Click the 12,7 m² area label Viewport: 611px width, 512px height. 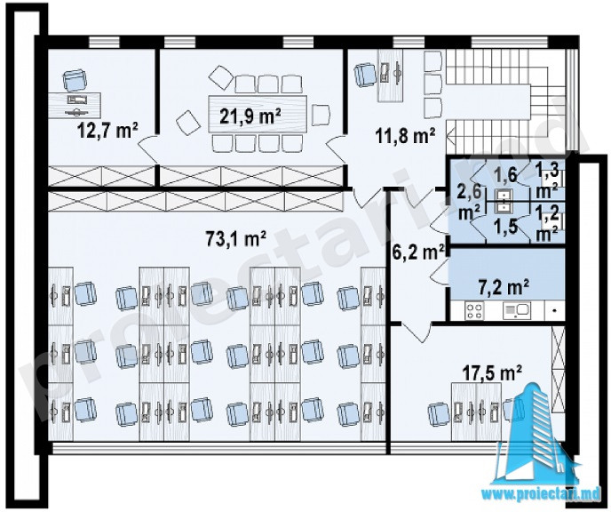(108, 131)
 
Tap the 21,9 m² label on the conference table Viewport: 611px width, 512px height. (250, 115)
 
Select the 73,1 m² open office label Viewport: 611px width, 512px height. (236, 238)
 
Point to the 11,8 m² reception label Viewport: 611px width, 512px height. (405, 137)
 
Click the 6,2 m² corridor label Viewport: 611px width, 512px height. (418, 252)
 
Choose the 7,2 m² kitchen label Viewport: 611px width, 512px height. (503, 288)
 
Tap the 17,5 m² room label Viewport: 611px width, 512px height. (493, 373)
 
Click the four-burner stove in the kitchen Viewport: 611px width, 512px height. (474, 311)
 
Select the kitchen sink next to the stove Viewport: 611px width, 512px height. (516, 310)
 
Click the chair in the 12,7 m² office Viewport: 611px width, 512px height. (74, 81)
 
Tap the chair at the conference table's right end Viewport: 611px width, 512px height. (321, 115)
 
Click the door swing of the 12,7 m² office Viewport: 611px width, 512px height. (147, 149)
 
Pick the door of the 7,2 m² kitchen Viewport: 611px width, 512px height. (440, 273)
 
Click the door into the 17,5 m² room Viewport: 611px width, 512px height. (417, 332)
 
